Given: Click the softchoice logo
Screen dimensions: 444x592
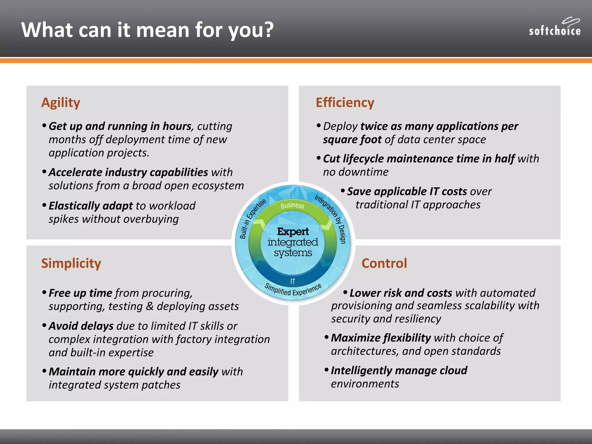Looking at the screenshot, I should click(x=554, y=27).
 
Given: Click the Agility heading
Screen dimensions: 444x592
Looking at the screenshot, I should click(x=61, y=103).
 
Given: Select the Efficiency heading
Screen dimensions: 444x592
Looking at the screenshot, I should click(x=345, y=103).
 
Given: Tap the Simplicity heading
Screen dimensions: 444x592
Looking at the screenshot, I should click(x=71, y=263).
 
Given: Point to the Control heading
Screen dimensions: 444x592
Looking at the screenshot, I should click(x=384, y=263).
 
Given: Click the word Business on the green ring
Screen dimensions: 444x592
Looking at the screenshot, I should click(x=292, y=205).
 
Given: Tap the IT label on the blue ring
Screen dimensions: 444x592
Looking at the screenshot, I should click(x=293, y=281).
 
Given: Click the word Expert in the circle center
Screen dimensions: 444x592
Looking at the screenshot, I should click(x=293, y=232).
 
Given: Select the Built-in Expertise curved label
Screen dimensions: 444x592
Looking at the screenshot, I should click(x=252, y=219).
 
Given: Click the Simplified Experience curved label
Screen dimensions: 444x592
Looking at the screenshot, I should click(x=293, y=290).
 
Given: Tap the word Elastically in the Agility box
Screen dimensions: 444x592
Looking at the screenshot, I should click(x=74, y=206).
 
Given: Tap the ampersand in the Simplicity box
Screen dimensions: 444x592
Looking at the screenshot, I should click(x=149, y=306).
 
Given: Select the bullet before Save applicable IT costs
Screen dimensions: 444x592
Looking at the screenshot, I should click(x=343, y=191).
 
